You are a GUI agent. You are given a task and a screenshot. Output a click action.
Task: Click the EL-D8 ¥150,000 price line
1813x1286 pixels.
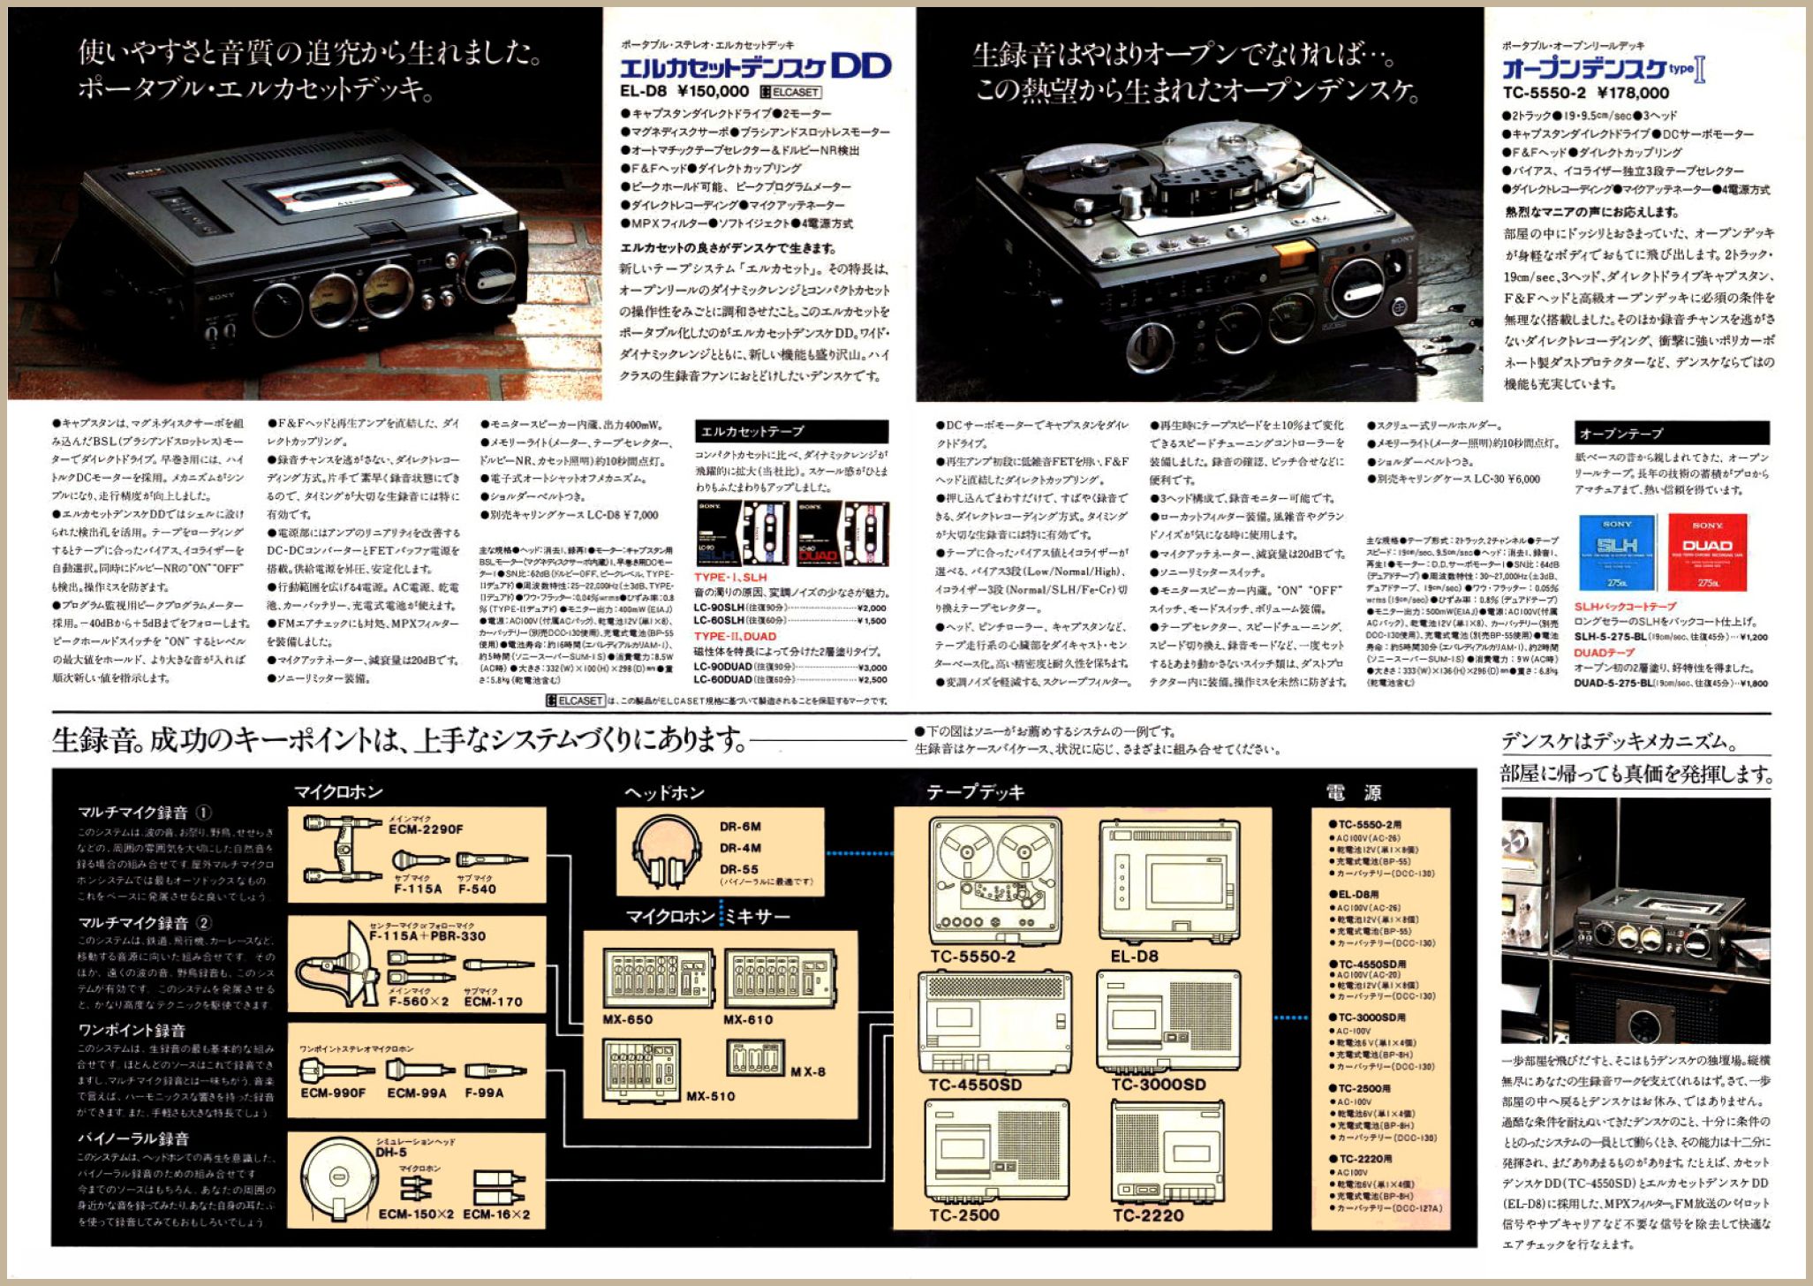[684, 91]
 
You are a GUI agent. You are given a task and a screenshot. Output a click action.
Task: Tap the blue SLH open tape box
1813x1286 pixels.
[1616, 552]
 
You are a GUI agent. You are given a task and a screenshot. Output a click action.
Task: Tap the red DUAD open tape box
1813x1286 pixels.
[1707, 552]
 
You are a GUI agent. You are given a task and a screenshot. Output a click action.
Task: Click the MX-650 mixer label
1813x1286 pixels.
[628, 1019]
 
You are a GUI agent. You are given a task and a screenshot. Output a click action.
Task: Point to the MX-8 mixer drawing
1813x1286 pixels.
[756, 1058]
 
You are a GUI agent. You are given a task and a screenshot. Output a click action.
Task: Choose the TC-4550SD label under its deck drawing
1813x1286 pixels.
[975, 1085]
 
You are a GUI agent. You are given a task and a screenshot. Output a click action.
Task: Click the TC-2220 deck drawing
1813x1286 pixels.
[1167, 1152]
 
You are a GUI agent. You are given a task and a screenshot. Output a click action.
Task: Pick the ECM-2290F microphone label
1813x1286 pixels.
[426, 829]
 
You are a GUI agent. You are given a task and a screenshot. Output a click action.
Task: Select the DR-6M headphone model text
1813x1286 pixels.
[740, 827]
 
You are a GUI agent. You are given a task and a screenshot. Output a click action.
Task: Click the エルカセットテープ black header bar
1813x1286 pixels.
[791, 431]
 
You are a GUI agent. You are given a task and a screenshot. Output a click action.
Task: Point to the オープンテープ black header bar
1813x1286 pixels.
[1672, 433]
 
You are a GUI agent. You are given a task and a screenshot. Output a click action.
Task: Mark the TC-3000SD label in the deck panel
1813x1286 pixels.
[1159, 1085]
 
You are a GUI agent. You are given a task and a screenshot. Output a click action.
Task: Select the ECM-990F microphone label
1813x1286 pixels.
[333, 1093]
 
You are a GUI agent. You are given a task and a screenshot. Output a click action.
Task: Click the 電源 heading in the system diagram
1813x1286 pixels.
[1353, 792]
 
